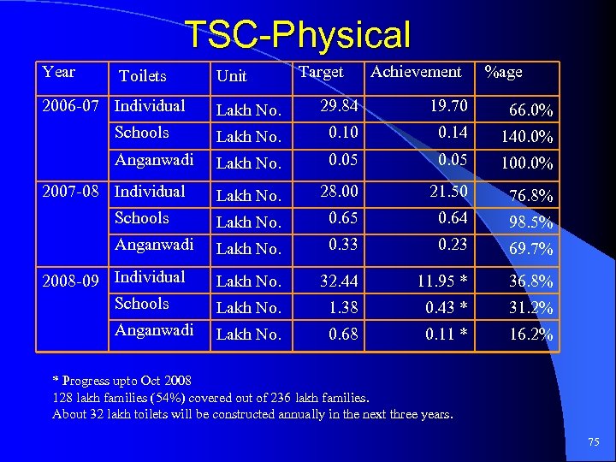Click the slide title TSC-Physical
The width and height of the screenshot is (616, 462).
coord(299,35)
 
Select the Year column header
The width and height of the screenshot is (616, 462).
coord(58,72)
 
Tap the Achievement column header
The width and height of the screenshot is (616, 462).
coord(416,72)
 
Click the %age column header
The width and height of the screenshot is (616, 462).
coord(503,72)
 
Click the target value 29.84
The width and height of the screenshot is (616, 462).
coord(339,106)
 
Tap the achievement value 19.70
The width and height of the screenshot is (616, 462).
coord(449,106)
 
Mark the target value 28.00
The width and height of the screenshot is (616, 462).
coord(339,192)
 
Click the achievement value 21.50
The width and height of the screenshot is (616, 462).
coord(449,192)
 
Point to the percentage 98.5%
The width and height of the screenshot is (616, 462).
coord(531,222)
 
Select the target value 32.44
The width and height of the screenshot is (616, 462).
coord(339,281)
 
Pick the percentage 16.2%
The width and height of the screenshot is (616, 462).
coord(531,335)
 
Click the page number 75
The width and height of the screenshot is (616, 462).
coord(594,441)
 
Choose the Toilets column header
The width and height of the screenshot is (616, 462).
coord(143,76)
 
